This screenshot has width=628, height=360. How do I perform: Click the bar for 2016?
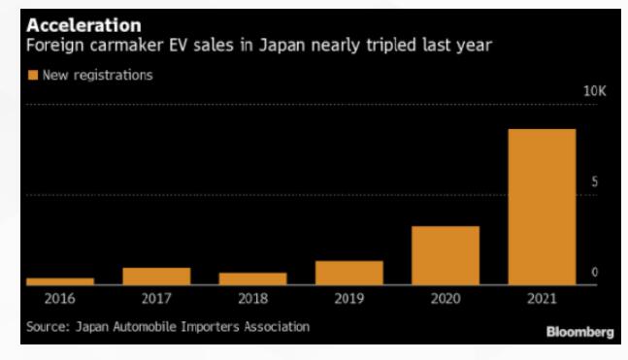(x=60, y=281)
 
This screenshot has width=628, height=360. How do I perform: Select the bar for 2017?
(x=156, y=277)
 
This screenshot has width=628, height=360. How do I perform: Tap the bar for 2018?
(x=252, y=279)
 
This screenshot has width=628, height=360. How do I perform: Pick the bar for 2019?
(x=349, y=273)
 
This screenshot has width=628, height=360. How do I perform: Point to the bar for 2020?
(x=446, y=255)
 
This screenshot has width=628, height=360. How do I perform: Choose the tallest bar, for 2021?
(x=542, y=207)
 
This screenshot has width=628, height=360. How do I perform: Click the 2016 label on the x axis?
(x=59, y=299)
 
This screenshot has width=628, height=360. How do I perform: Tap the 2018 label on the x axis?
(x=252, y=299)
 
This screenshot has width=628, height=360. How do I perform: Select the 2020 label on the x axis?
(x=446, y=299)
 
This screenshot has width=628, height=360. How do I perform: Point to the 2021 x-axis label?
(x=542, y=299)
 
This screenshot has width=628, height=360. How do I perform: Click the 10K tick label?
(x=595, y=91)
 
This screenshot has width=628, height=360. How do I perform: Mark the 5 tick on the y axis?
(x=595, y=181)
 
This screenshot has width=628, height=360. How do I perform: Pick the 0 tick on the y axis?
(x=595, y=273)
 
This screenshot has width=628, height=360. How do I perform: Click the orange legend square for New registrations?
(x=33, y=75)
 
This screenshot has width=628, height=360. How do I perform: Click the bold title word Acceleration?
(x=84, y=25)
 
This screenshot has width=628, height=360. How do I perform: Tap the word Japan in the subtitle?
(x=281, y=46)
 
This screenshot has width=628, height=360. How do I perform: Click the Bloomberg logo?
(x=579, y=332)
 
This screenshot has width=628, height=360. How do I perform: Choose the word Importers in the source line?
(x=210, y=327)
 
